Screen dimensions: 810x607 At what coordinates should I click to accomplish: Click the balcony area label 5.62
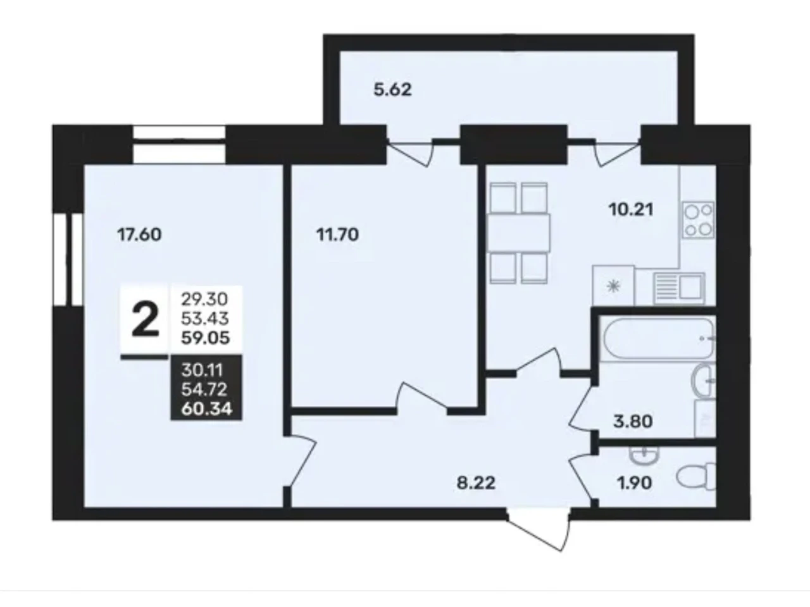(x=392, y=90)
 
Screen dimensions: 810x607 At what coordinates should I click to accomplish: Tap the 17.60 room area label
(x=139, y=235)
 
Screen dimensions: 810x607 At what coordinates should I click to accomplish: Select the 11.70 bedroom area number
(x=338, y=235)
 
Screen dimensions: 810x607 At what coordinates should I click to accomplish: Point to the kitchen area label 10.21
(x=631, y=210)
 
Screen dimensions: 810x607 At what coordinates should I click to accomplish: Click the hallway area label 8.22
(x=476, y=483)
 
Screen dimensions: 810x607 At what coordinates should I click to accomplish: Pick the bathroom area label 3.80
(x=633, y=421)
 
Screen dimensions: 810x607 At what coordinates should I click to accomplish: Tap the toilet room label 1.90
(x=634, y=483)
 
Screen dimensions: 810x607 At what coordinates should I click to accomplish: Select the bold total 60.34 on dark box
(x=207, y=408)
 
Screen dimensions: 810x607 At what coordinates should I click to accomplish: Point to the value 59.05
(x=206, y=338)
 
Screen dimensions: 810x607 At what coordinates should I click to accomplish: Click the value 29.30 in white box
(x=204, y=300)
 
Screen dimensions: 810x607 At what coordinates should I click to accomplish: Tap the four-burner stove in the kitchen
(x=698, y=219)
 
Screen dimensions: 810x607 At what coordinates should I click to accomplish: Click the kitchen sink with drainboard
(x=679, y=288)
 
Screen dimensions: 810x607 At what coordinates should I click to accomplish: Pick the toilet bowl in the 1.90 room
(x=696, y=477)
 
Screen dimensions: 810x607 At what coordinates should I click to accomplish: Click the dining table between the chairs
(x=519, y=233)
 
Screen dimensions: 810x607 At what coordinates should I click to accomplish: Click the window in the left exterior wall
(x=68, y=260)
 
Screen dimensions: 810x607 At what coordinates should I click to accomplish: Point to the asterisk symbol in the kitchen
(x=613, y=286)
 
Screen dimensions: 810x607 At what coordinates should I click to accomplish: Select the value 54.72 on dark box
(x=204, y=389)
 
